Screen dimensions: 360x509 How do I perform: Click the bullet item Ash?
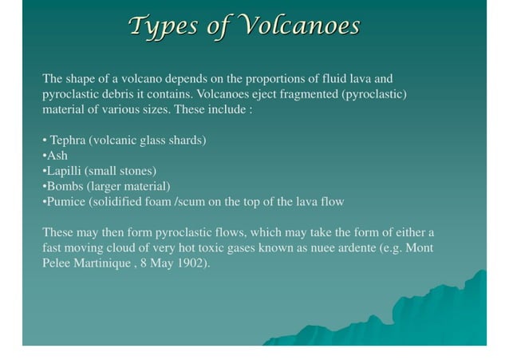[x=57, y=156]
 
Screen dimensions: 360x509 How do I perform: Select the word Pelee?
[x=57, y=263]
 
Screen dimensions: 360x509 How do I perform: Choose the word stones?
[x=136, y=171]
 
